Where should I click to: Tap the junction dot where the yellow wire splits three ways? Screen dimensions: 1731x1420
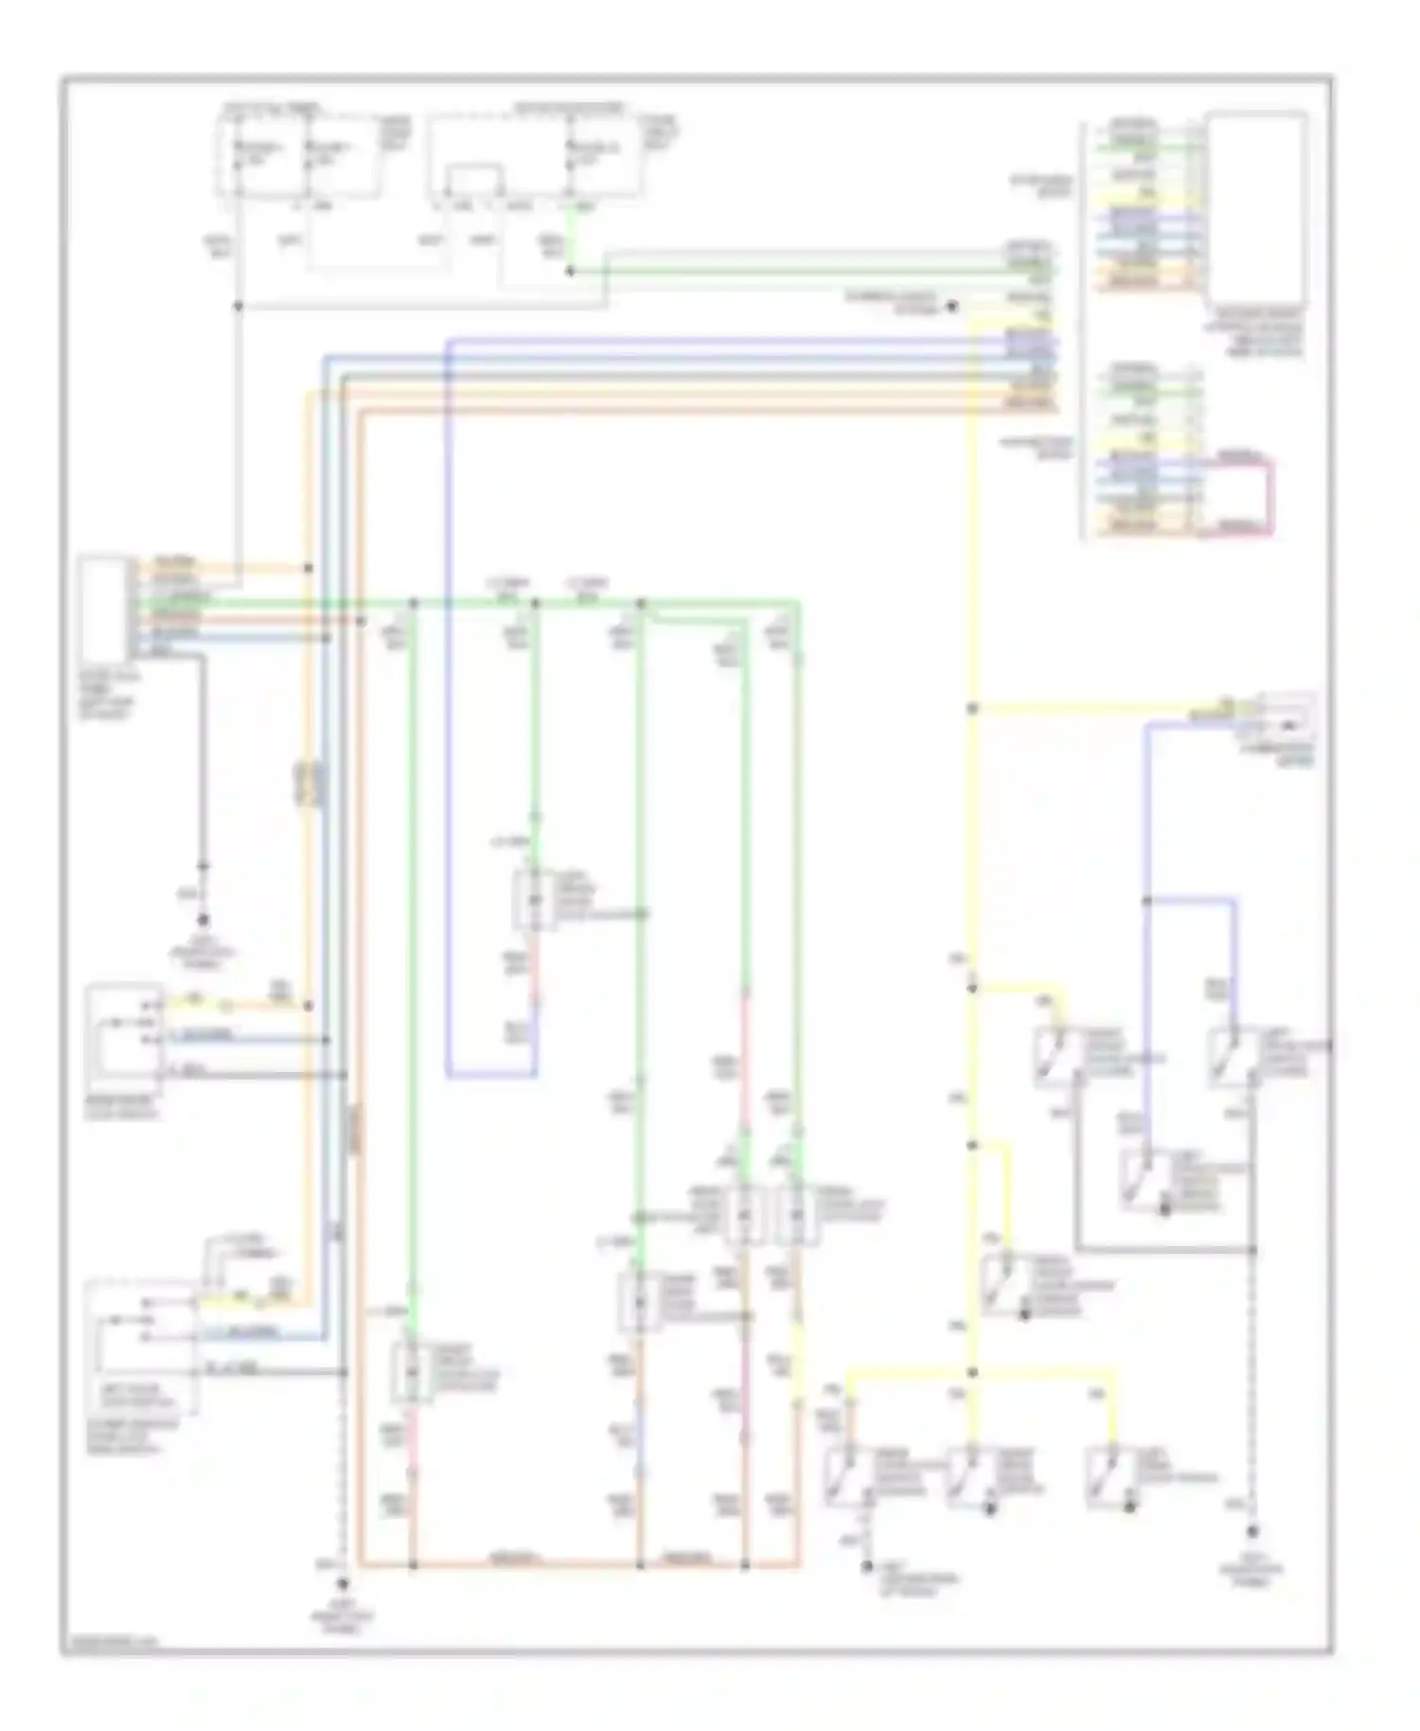(972, 1372)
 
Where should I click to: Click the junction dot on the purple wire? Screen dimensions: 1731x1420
(1146, 901)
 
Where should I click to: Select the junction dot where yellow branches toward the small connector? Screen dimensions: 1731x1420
(972, 708)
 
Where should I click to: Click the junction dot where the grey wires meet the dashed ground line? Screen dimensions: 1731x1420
(1251, 1250)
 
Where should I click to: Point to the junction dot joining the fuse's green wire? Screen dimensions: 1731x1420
(570, 272)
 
